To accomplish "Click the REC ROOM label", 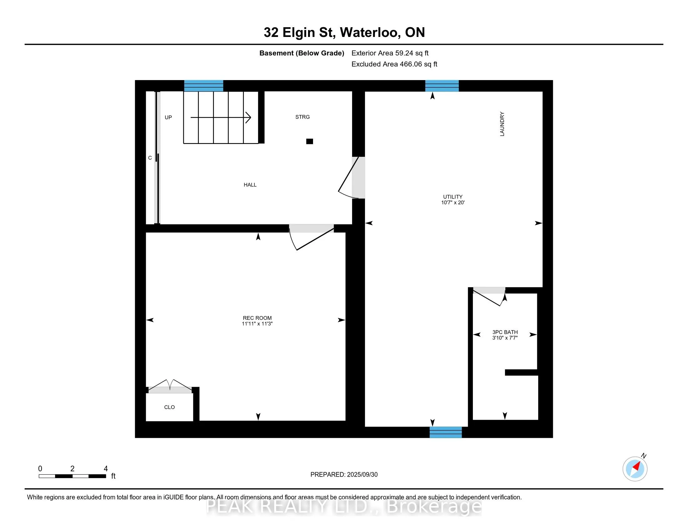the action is [257, 318].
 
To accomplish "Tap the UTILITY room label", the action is [453, 197].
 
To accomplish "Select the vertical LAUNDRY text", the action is [502, 124].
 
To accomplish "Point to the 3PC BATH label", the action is [505, 332].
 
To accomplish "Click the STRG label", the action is [302, 117].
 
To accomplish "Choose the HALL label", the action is [250, 185].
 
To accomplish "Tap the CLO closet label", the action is [169, 407].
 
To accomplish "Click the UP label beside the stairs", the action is [168, 118].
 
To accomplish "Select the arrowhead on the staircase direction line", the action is [248, 118].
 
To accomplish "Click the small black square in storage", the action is [310, 141].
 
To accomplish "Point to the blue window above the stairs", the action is [204, 86].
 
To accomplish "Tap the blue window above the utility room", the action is [442, 86].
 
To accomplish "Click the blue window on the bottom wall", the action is [446, 432].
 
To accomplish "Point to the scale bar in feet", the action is [73, 476].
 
